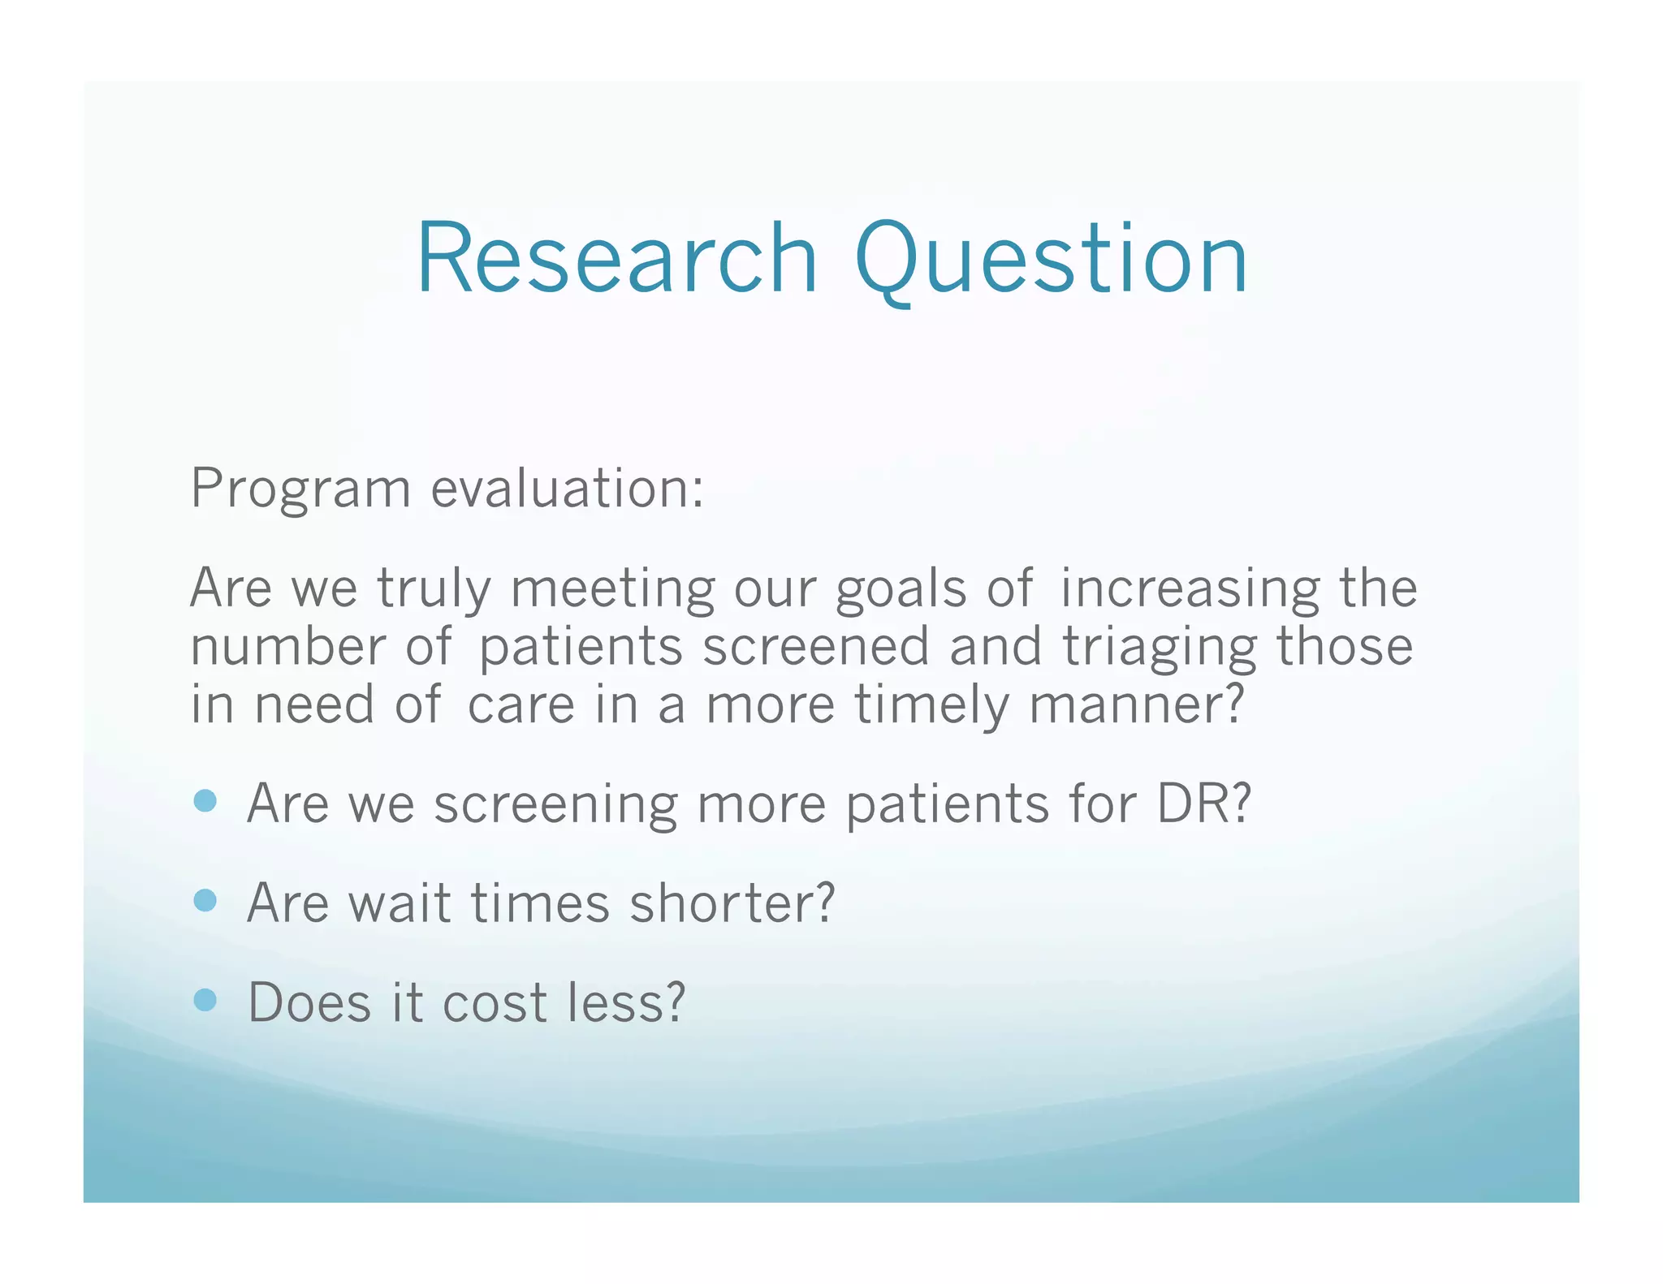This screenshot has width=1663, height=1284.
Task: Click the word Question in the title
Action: pyautogui.click(x=1052, y=259)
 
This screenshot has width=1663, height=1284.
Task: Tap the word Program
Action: pyautogui.click(x=300, y=489)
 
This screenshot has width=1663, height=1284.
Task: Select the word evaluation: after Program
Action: pyautogui.click(x=567, y=489)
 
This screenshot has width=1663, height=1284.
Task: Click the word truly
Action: pyautogui.click(x=434, y=589)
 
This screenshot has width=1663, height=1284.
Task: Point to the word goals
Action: pyautogui.click(x=901, y=589)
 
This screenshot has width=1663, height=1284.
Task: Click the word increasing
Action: pyautogui.click(x=1190, y=589)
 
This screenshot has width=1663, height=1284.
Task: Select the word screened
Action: pyautogui.click(x=815, y=647)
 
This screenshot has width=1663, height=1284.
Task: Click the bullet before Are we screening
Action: pyautogui.click(x=205, y=802)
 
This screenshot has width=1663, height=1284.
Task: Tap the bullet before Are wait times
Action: pyautogui.click(x=205, y=901)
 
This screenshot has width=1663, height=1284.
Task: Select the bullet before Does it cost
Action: pyautogui.click(x=205, y=1000)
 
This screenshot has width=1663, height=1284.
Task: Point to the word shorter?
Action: pyautogui.click(x=732, y=903)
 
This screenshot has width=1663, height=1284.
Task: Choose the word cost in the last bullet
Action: pyautogui.click(x=495, y=1003)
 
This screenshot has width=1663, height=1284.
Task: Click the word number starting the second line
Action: pyautogui.click(x=287, y=647)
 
